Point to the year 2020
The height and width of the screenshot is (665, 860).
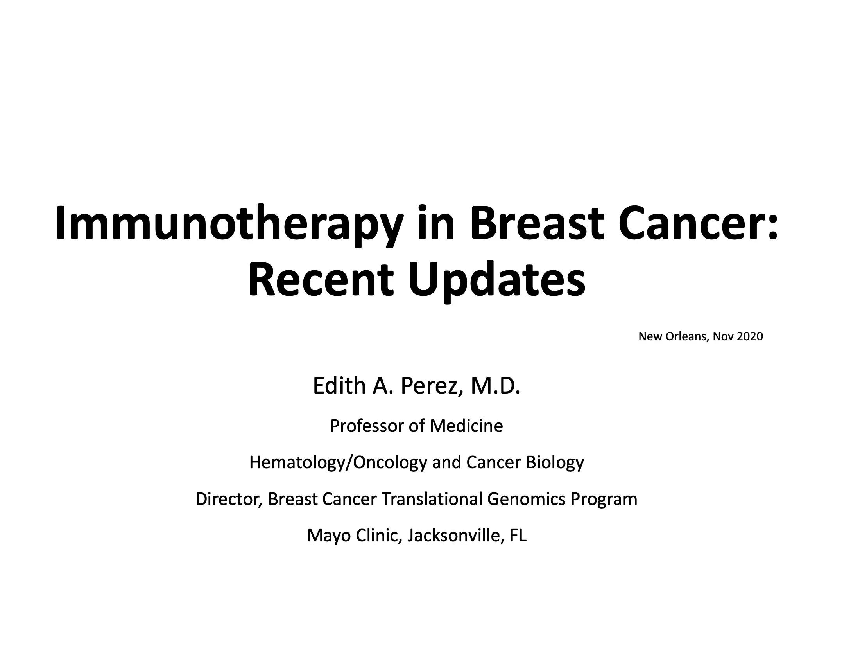[x=750, y=336]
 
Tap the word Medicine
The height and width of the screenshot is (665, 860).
[x=466, y=426]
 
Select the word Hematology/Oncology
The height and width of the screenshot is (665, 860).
[x=338, y=462]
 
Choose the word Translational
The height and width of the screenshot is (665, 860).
[x=432, y=499]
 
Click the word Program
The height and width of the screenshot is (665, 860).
[x=604, y=499]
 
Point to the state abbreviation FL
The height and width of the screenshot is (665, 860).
[x=518, y=536]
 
